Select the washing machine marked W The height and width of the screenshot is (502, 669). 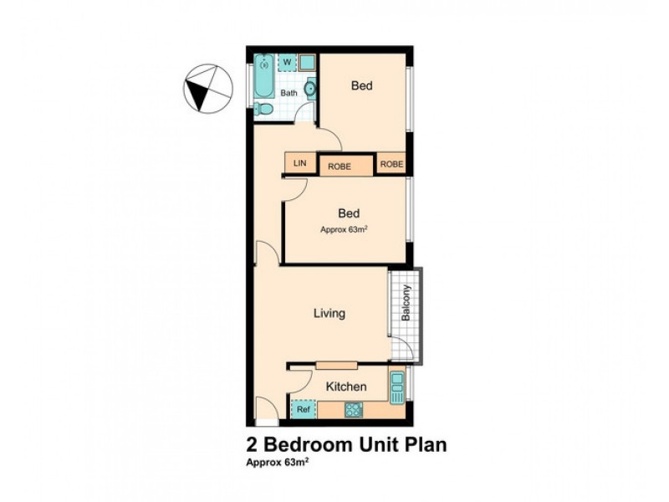(x=287, y=62)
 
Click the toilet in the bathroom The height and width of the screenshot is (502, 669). (x=264, y=109)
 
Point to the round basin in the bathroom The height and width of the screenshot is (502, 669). (x=310, y=87)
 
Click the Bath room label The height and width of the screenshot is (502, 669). (x=289, y=93)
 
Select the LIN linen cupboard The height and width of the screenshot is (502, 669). (x=299, y=164)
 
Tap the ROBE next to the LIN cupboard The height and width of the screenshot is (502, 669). (x=340, y=166)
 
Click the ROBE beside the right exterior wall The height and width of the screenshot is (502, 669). (x=391, y=164)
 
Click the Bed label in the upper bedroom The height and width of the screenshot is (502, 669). (x=361, y=85)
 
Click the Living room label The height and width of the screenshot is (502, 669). (x=329, y=314)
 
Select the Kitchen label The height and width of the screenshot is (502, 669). (x=345, y=387)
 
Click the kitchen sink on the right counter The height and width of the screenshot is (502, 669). (x=396, y=387)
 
